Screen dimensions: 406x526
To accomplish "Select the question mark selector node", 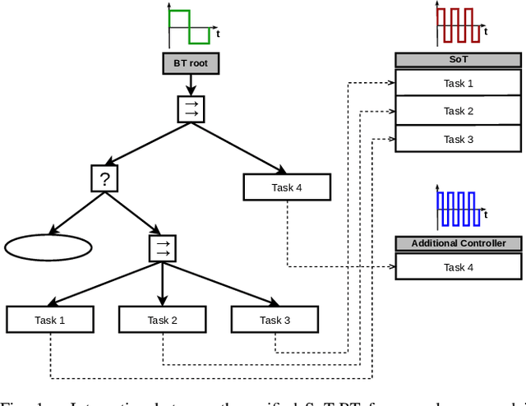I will pyautogui.click(x=104, y=178).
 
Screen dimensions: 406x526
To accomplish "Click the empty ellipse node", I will pyautogui.click(x=48, y=247).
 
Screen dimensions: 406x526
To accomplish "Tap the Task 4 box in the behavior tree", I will pyautogui.click(x=287, y=187).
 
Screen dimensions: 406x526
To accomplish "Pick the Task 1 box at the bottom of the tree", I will pyautogui.click(x=50, y=320).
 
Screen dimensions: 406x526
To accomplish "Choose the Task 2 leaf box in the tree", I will pyautogui.click(x=163, y=320).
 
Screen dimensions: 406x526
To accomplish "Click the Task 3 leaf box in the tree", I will pyautogui.click(x=275, y=320).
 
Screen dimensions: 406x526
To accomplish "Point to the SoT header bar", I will pyautogui.click(x=459, y=60).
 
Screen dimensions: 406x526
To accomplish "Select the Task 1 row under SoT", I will pyautogui.click(x=459, y=83).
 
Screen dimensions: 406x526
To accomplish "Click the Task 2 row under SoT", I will pyautogui.click(x=459, y=111).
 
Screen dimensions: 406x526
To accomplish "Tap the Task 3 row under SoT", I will pyautogui.click(x=459, y=139).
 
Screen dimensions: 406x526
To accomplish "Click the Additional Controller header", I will pyautogui.click(x=459, y=243).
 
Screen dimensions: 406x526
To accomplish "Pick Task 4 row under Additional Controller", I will pyautogui.click(x=459, y=266).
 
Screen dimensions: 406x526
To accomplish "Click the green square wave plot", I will pyautogui.click(x=191, y=26).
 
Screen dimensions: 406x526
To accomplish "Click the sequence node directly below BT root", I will pyautogui.click(x=191, y=109).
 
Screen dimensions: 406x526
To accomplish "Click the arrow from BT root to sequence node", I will pyautogui.click(x=191, y=82).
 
